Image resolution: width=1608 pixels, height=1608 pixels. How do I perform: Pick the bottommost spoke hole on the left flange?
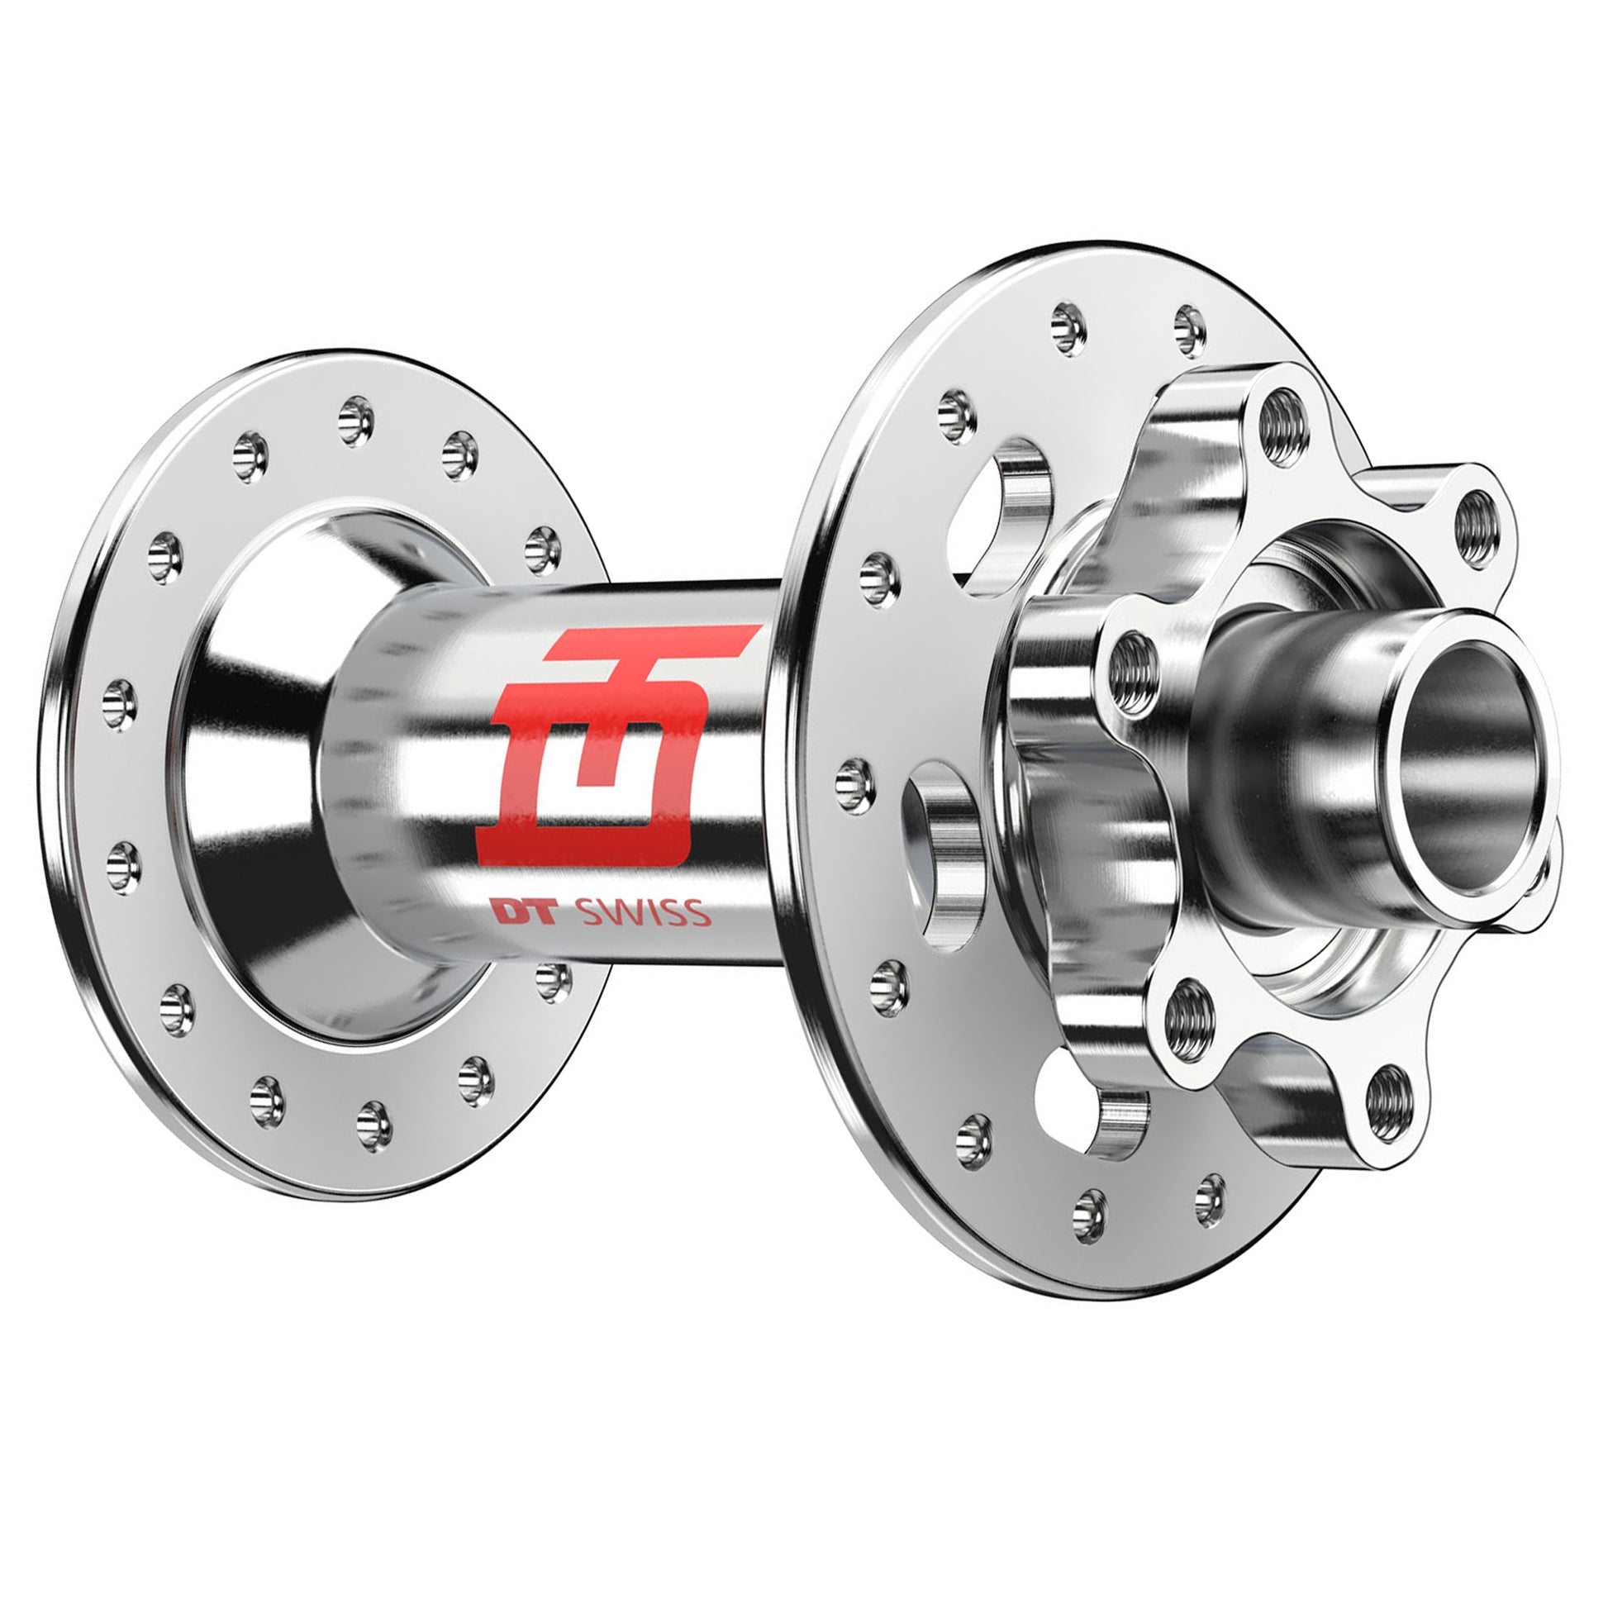[x=374, y=1125]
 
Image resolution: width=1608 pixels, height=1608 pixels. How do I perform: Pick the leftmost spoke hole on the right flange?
[x=850, y=778]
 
